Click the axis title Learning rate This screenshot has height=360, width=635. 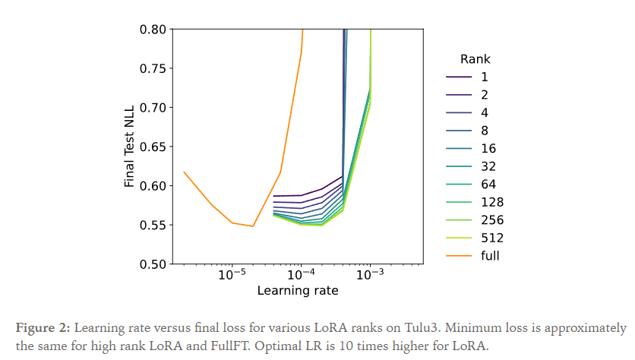click(297, 291)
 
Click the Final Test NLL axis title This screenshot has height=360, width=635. click(130, 147)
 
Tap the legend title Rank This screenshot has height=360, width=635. click(475, 59)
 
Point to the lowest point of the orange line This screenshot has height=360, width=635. click(253, 226)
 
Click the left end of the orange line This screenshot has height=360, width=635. click(184, 172)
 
